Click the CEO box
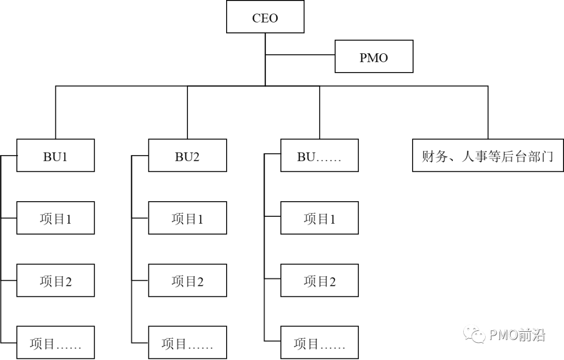(x=265, y=17)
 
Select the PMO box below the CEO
(x=373, y=57)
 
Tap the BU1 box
(x=55, y=156)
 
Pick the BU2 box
(x=187, y=156)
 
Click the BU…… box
(x=319, y=156)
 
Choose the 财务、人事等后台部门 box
(x=488, y=156)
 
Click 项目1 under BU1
(x=55, y=218)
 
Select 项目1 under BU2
(x=187, y=218)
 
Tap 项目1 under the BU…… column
(x=319, y=218)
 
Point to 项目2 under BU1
(x=55, y=281)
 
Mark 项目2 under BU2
(x=187, y=281)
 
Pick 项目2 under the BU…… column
(x=319, y=281)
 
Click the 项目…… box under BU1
(x=55, y=343)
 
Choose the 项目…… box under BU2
(x=187, y=343)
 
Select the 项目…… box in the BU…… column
(x=319, y=343)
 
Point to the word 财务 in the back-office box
(x=434, y=156)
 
